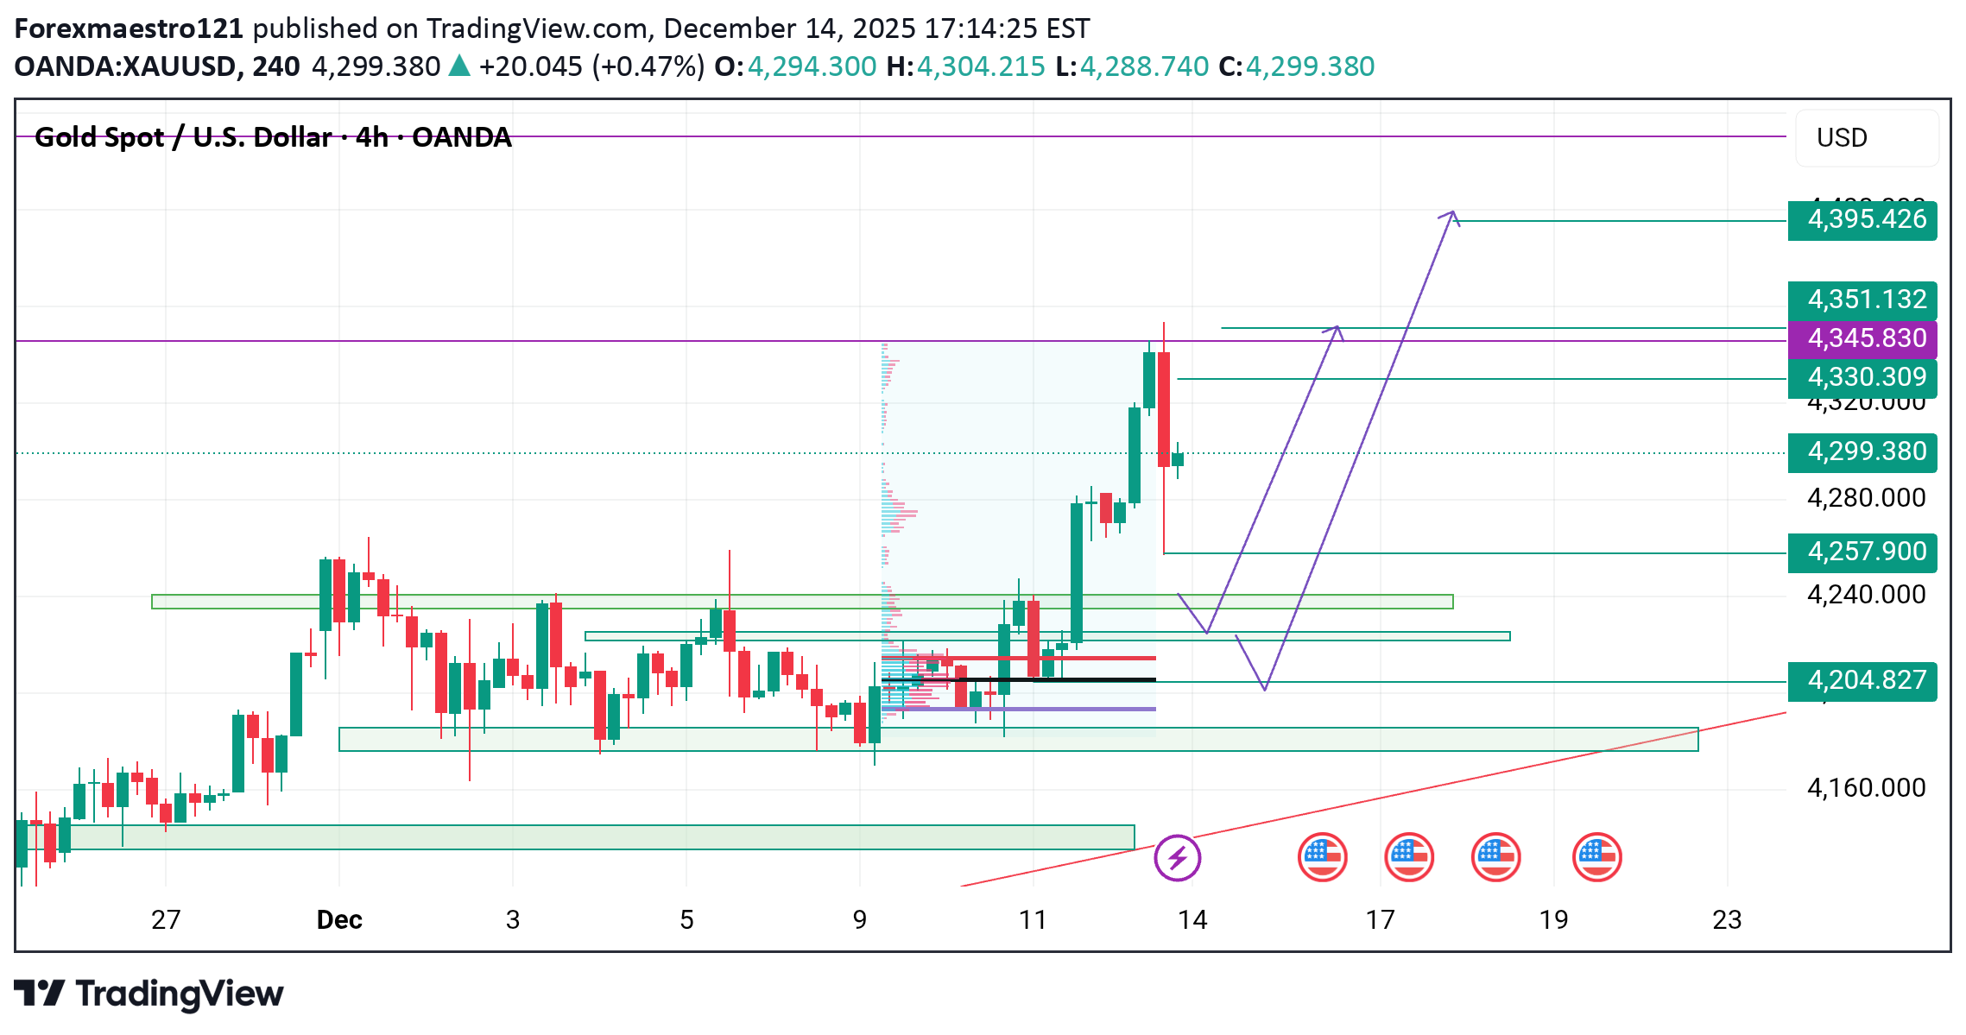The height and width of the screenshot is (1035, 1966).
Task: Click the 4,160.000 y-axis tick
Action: tap(1866, 788)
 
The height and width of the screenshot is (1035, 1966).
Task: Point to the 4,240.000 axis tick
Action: tap(1866, 595)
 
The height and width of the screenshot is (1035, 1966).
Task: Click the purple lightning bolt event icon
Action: tap(1177, 858)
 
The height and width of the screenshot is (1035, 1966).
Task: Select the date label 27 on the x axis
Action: tap(166, 920)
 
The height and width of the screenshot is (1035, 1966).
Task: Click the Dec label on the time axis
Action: tap(339, 920)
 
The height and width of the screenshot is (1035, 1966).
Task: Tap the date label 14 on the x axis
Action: tap(1192, 920)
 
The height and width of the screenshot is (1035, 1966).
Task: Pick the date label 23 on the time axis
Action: tap(1727, 920)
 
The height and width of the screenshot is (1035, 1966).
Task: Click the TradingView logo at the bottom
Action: tap(149, 994)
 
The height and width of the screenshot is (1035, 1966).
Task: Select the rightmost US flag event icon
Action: tap(1596, 858)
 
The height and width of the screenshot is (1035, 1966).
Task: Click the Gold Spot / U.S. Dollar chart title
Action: tap(273, 137)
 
